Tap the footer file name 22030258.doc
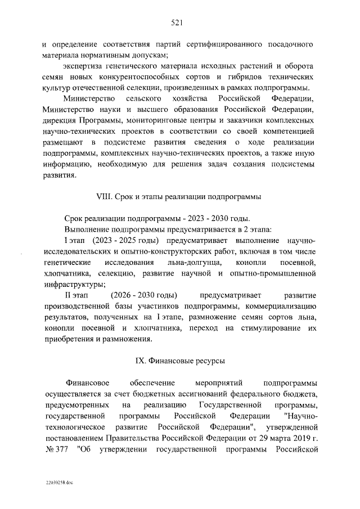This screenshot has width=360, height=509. coord(60,483)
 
